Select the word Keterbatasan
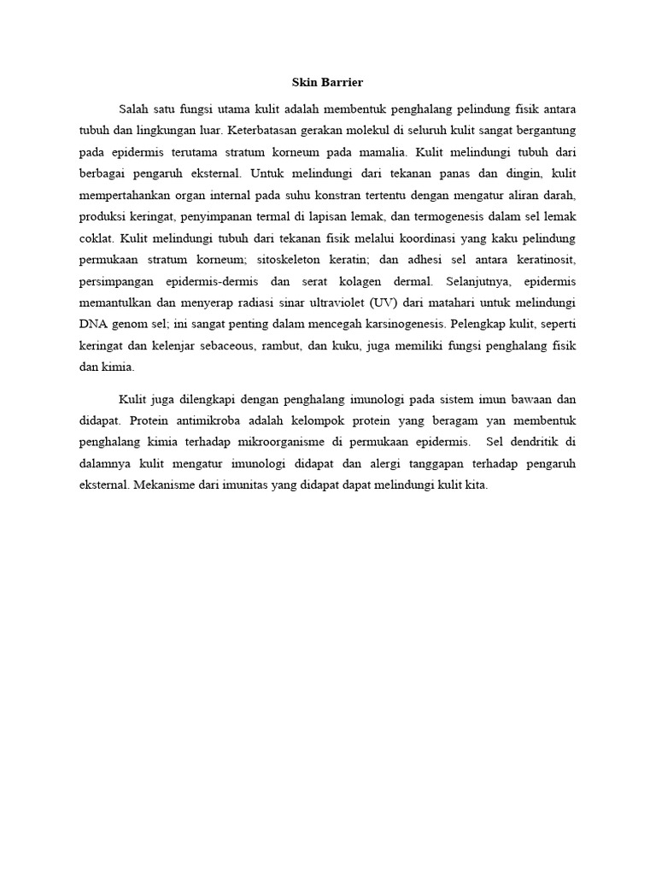click(x=266, y=131)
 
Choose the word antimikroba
click(x=211, y=421)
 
